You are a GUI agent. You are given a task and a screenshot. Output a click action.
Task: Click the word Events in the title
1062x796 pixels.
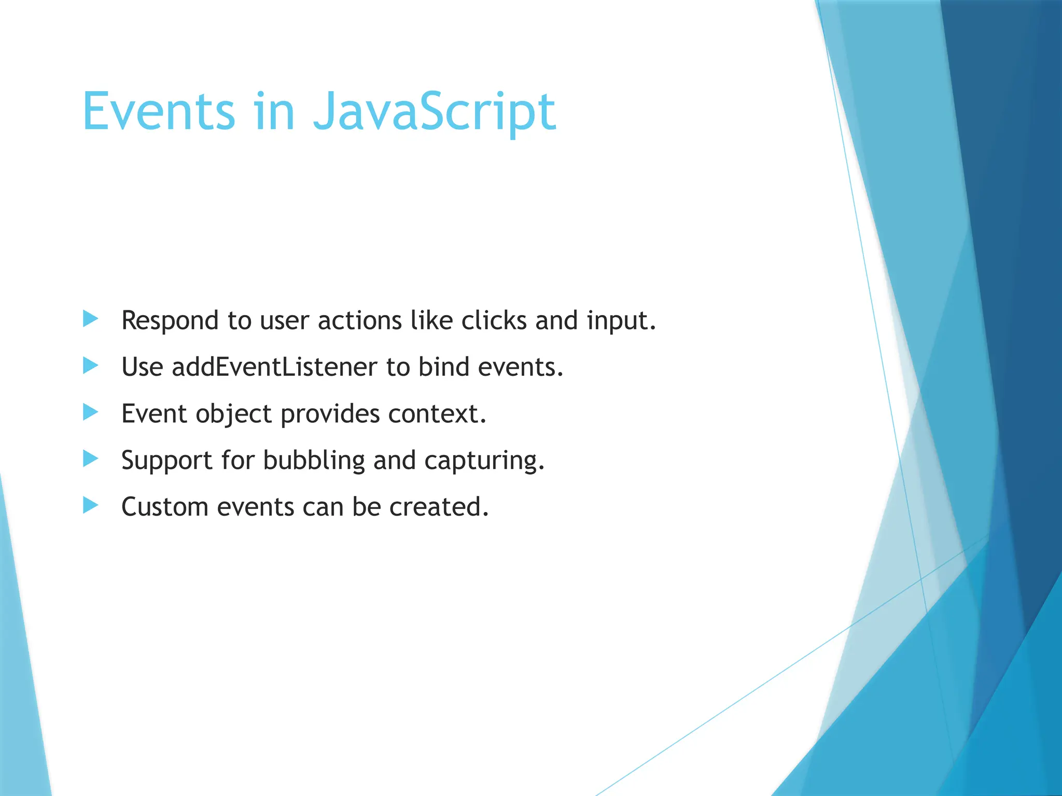(x=159, y=111)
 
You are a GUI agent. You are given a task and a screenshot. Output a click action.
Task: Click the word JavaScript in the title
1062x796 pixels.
(x=435, y=111)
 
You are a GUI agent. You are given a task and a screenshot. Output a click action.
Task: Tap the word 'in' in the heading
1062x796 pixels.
(x=274, y=111)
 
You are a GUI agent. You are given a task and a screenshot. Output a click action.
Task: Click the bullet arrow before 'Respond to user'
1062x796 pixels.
(x=90, y=319)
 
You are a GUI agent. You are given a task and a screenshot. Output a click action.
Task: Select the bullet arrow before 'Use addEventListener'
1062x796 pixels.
(x=90, y=366)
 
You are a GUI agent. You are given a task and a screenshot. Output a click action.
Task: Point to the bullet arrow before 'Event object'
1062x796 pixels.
(x=90, y=413)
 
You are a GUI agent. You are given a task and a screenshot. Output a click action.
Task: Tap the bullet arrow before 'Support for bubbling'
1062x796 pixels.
(x=90, y=459)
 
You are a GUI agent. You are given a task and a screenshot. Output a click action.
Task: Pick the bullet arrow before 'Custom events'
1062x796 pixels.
(x=90, y=505)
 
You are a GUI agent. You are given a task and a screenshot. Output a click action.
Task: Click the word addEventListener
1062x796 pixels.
(x=274, y=367)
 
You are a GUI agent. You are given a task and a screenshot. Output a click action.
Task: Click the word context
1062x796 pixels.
(x=437, y=414)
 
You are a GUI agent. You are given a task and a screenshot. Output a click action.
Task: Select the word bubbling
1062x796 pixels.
(x=314, y=461)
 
